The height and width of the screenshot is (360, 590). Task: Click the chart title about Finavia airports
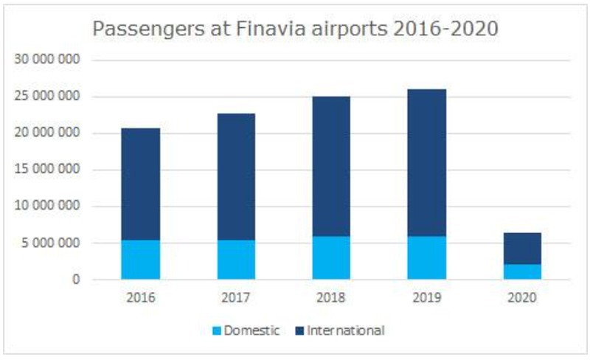point(294,30)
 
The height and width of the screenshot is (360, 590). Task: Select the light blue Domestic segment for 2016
point(140,260)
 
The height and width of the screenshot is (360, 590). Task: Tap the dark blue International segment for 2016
point(140,184)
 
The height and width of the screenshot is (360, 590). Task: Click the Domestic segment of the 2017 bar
point(236,260)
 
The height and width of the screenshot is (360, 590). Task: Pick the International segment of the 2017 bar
point(236,176)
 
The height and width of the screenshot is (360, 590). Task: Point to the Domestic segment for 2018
point(331,258)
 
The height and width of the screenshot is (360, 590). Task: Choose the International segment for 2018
point(331,166)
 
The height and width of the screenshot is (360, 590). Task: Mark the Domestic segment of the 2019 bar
point(427,258)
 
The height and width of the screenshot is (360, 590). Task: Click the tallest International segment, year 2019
point(427,162)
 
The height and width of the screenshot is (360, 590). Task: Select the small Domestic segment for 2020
point(522,271)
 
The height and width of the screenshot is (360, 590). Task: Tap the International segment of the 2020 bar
point(522,249)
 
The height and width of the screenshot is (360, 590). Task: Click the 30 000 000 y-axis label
point(49,60)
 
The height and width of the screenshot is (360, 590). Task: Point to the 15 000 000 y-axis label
point(49,170)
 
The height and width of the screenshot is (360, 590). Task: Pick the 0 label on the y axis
point(75,280)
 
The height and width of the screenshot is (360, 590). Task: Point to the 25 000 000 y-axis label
point(49,97)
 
